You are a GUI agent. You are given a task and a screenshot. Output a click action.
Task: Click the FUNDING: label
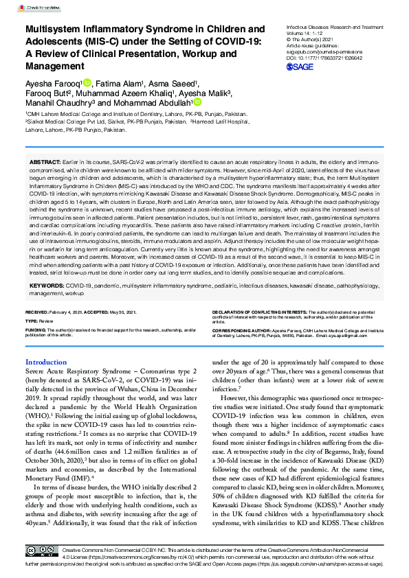(x=36, y=329)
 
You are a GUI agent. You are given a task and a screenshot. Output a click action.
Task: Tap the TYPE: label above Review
(x=32, y=320)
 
